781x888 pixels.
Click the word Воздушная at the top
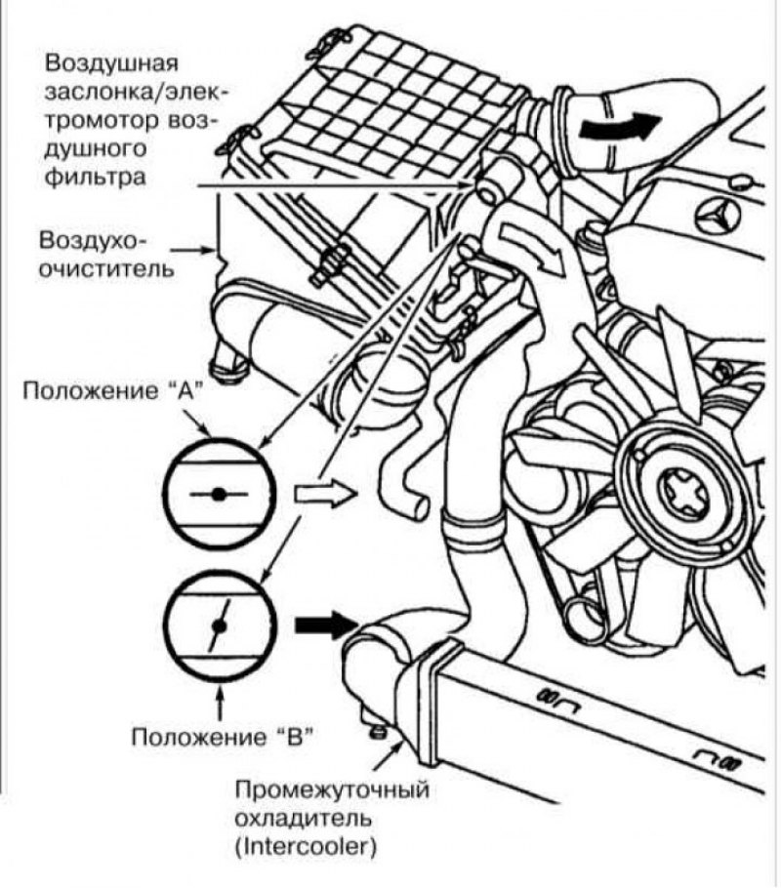click(110, 64)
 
